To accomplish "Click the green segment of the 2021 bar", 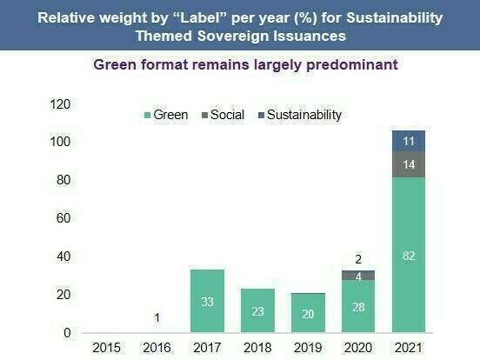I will coord(409,255).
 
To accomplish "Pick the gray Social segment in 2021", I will coord(409,164).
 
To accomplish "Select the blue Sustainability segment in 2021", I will coord(409,141).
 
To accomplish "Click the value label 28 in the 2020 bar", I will coord(358,306).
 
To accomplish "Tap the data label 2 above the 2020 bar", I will coord(358,259).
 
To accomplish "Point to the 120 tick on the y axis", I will coord(59,104).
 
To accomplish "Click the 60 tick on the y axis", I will coord(63,218).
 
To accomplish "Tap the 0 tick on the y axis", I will coord(66,333).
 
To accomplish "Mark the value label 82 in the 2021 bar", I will coord(409,255).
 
